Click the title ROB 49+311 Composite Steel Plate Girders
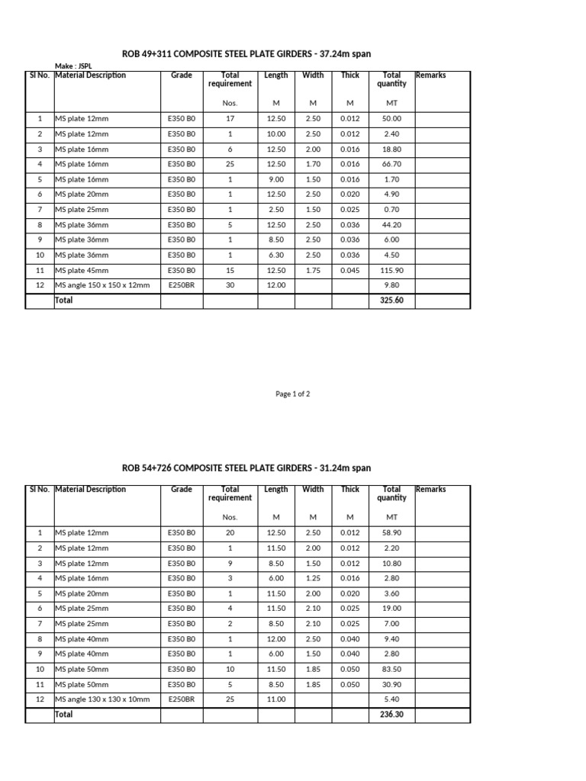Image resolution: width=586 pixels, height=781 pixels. (246, 53)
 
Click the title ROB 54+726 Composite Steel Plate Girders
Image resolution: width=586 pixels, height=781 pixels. (246, 468)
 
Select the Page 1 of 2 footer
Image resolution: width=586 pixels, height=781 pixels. (292, 394)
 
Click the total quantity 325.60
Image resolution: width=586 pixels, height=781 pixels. (391, 301)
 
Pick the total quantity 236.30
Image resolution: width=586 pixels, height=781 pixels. (391, 715)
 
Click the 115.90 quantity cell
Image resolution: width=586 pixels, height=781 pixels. (391, 271)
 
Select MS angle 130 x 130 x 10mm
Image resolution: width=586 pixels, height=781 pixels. (102, 699)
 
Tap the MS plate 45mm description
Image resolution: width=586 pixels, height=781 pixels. (82, 271)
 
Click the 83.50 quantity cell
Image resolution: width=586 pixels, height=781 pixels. (391, 669)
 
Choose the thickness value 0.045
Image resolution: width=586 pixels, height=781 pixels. (350, 271)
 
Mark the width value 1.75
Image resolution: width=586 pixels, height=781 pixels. (313, 271)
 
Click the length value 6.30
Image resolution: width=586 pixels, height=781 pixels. (275, 256)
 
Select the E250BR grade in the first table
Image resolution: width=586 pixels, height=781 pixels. (182, 286)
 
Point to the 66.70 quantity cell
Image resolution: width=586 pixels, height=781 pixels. (391, 164)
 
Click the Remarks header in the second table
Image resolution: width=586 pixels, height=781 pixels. (430, 490)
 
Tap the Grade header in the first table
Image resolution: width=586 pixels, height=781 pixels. (182, 76)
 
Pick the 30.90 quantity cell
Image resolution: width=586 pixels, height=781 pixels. (391, 684)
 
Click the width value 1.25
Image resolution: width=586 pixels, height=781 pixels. (313, 578)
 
